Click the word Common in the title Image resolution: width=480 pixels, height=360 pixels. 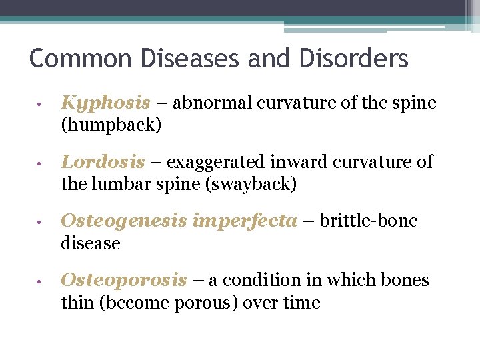[x=69, y=59]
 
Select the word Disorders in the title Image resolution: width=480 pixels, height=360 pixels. [x=353, y=59]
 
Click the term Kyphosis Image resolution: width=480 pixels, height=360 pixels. [x=105, y=103]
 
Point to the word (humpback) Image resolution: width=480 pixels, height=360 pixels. [x=111, y=125]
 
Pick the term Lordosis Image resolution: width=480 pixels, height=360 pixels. [x=103, y=162]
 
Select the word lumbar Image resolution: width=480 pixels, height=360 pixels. [x=120, y=183]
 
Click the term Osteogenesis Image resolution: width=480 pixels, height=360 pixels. [x=124, y=221]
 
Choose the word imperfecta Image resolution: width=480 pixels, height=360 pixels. [x=244, y=221]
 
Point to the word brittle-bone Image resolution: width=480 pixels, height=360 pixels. [x=369, y=221]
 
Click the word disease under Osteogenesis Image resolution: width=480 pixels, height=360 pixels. [x=91, y=243]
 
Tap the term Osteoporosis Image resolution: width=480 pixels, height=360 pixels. [x=124, y=281]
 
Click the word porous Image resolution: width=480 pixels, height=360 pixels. [x=199, y=303]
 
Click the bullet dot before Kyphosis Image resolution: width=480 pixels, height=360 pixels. [x=41, y=105]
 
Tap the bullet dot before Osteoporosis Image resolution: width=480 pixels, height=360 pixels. [x=41, y=282]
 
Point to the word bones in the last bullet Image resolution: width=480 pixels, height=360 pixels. [x=406, y=281]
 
